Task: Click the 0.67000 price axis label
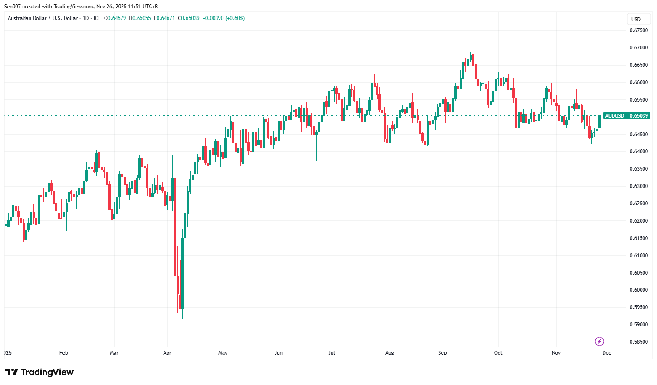coord(638,48)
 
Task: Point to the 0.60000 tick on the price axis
coord(638,290)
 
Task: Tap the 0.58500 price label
coord(638,342)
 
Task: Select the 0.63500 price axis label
coord(638,169)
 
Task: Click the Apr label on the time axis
coord(167,353)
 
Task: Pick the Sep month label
coord(442,353)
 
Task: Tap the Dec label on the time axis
coord(606,353)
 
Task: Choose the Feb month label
coord(63,353)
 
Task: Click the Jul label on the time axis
coord(332,353)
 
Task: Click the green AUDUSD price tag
coord(614,116)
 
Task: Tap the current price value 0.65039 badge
coord(638,116)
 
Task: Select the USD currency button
coord(636,20)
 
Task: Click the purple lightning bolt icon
coord(599,342)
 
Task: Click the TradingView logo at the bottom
coord(39,372)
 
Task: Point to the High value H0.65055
coord(141,18)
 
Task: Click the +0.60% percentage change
coord(235,18)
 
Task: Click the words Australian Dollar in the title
coord(27,18)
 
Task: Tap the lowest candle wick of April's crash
coord(182,318)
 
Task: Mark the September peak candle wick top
coord(473,46)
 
